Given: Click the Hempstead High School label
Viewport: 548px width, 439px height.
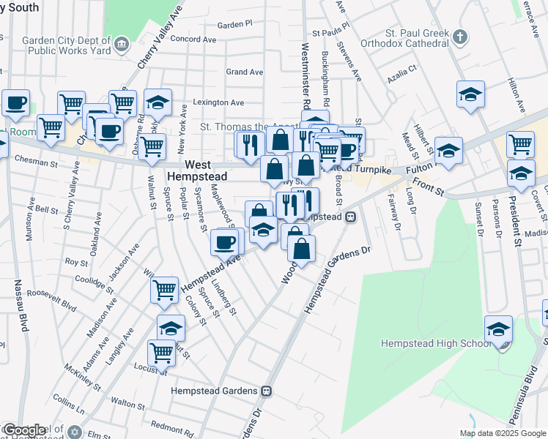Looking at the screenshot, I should (436, 343).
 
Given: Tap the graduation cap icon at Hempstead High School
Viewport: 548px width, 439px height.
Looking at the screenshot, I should (498, 329).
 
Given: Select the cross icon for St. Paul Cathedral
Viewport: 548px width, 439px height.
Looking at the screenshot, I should (459, 36).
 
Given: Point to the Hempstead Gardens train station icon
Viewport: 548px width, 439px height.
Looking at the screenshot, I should (267, 391).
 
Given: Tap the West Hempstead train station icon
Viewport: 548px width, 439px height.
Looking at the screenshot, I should (352, 217).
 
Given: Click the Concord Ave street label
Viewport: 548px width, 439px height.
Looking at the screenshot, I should (193, 40).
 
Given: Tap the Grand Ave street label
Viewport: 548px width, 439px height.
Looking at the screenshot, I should (245, 72).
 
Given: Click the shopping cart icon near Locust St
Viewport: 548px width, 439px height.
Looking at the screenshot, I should (161, 352).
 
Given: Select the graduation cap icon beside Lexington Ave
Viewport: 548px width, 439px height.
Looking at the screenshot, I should (158, 102).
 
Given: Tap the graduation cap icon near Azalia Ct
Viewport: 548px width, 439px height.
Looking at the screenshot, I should (470, 94).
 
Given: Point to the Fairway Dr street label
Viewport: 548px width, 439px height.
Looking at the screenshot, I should (396, 218).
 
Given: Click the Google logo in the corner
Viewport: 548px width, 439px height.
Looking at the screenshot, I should (23, 430).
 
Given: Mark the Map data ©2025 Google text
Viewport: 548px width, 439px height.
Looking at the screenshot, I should (503, 433).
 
